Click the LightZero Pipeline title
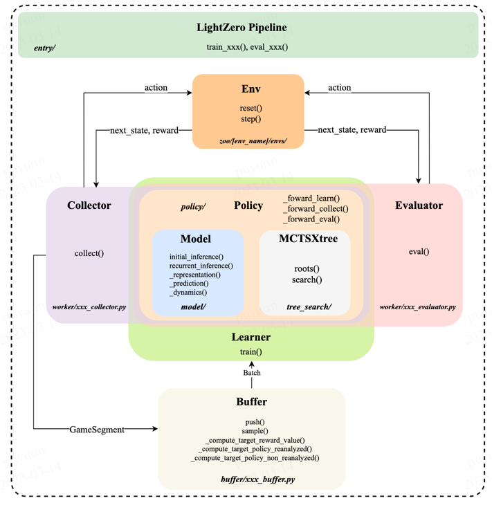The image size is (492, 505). (242, 28)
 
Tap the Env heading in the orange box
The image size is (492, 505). (251, 89)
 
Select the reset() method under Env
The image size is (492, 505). (251, 108)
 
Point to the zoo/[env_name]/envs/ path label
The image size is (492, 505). (253, 140)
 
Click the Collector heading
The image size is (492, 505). (89, 205)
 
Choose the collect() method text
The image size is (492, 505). (89, 253)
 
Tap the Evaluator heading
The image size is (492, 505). (419, 205)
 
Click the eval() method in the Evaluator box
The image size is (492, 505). (419, 252)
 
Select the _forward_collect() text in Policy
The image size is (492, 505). (316, 209)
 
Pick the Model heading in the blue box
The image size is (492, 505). (196, 239)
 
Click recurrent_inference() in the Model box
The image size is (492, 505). (201, 266)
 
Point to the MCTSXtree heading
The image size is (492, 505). (309, 239)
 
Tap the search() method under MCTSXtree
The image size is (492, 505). (307, 279)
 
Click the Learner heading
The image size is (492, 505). (251, 337)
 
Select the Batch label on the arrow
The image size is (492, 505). (252, 373)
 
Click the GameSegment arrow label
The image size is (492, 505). (97, 430)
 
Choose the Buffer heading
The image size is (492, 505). (252, 402)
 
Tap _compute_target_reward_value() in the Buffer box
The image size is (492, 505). (255, 440)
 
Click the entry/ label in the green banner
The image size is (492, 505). (45, 48)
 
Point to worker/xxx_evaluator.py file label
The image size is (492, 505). (417, 307)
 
